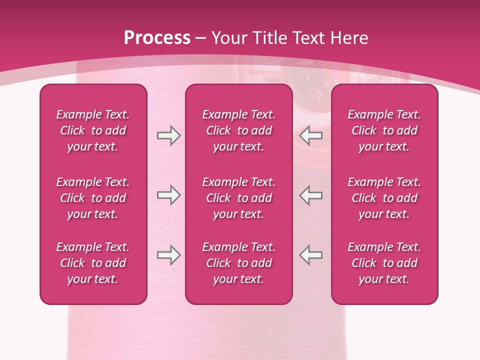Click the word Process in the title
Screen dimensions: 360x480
[x=157, y=38]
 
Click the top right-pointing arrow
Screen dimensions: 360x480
[x=168, y=135]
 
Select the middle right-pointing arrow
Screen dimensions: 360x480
[x=168, y=195]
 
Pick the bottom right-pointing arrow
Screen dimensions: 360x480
[x=168, y=255]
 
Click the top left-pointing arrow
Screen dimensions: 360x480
[x=311, y=135]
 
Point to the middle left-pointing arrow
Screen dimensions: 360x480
[x=311, y=195]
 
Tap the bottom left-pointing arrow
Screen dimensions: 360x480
[x=311, y=255]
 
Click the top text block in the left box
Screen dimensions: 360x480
[x=93, y=130]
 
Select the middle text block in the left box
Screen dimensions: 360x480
[x=93, y=198]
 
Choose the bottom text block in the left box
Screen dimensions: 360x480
[x=93, y=263]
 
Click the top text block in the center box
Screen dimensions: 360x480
[x=239, y=130]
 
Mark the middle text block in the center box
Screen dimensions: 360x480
[x=239, y=198]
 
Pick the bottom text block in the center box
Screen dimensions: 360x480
[x=239, y=263]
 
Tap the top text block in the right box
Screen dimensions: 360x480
[x=384, y=130]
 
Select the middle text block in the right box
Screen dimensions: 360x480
[x=384, y=198]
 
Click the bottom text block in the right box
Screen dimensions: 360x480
[x=384, y=263]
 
